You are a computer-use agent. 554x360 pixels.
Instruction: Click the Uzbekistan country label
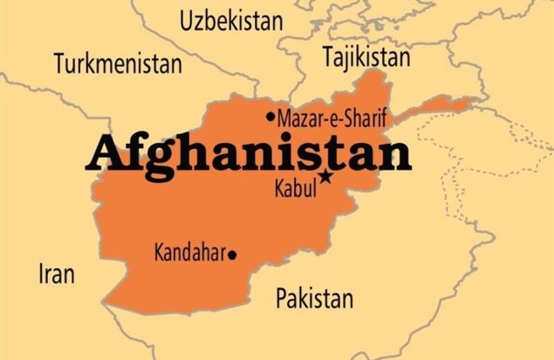click(231, 22)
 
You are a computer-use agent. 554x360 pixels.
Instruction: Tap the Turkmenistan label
click(118, 64)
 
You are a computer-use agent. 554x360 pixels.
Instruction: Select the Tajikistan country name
click(366, 58)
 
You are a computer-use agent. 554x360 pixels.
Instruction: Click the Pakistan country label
click(314, 299)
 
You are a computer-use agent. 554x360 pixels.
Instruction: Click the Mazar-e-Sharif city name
click(332, 117)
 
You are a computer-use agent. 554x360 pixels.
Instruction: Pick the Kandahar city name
click(189, 254)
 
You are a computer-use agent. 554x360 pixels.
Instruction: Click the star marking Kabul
click(325, 177)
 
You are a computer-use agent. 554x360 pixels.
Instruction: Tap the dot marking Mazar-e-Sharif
click(270, 117)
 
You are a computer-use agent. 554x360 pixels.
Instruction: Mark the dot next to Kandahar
click(232, 255)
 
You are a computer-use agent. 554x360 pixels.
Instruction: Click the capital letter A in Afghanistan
click(105, 156)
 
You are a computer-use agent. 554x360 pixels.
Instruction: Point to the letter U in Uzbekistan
click(187, 22)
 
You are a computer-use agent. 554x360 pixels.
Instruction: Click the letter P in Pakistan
click(282, 299)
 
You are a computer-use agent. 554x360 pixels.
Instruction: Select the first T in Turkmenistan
click(58, 64)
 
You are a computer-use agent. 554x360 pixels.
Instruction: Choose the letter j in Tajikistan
click(345, 59)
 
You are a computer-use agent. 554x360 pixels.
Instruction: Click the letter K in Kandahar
click(159, 254)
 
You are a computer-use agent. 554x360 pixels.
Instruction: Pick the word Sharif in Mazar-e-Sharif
click(366, 117)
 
